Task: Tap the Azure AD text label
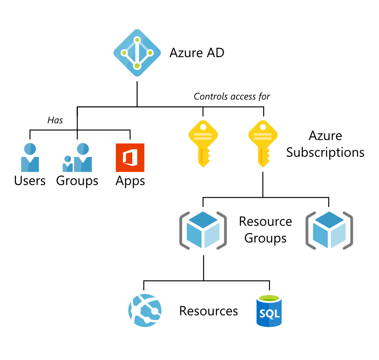196,53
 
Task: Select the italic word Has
55,120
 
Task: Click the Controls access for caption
232,96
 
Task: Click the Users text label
30,181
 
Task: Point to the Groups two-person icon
77,158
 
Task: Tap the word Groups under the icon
77,181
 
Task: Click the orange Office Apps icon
130,158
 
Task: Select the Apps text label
130,181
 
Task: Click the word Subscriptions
325,152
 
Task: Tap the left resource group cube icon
203,229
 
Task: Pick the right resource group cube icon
329,229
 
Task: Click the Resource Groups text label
265,229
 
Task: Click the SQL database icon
269,311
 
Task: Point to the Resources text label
208,311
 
